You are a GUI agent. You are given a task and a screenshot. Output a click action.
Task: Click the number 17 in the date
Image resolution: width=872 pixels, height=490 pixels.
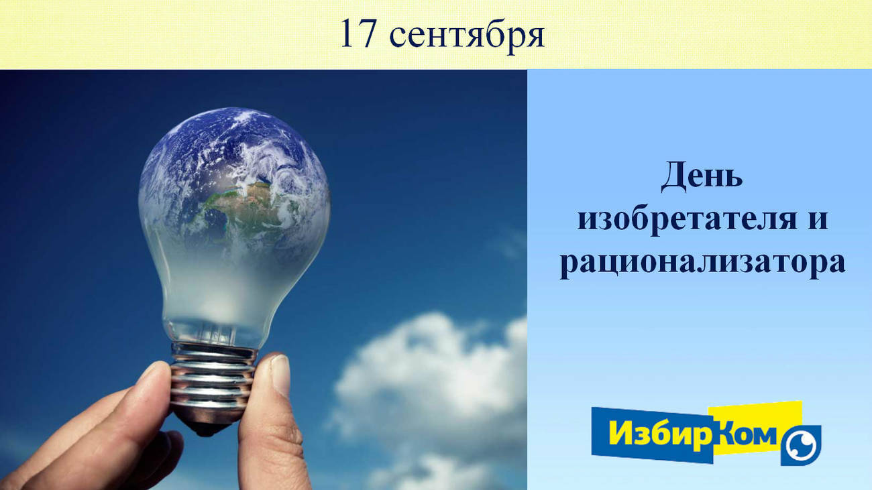pos(358,34)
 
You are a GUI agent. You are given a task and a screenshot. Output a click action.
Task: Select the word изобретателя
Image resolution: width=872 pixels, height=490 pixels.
pos(688,220)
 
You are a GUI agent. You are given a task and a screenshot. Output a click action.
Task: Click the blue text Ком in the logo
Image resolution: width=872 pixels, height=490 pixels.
pos(747,434)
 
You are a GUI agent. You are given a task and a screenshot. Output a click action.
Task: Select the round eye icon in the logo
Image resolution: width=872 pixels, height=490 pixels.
pos(800,445)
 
